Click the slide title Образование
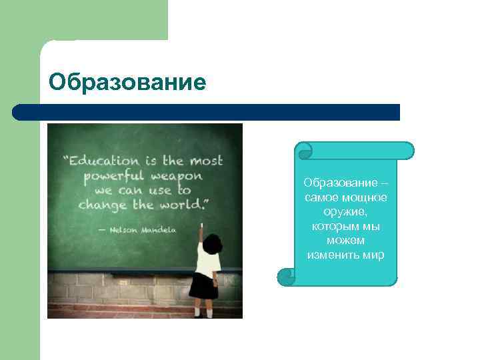coord(127,83)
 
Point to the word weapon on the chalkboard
coord(176,176)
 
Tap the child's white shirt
coord(207,263)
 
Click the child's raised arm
coord(200,240)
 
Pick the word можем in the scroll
coord(345,240)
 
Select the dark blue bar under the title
coord(206,112)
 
